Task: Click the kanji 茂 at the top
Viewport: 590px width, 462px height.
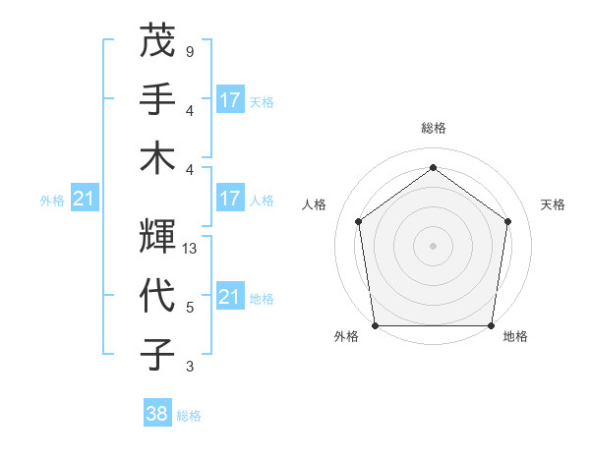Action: (157, 42)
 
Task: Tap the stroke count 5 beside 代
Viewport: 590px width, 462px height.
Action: (189, 308)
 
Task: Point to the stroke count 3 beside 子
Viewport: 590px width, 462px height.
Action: (189, 367)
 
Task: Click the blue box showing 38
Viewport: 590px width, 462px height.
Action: (157, 414)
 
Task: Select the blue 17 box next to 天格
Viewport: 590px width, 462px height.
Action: (230, 100)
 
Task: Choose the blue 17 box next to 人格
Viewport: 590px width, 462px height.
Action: (230, 199)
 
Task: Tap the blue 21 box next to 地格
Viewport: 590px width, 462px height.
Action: (230, 297)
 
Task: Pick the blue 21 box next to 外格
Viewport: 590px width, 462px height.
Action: (84, 200)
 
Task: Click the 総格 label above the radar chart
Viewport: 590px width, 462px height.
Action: (433, 129)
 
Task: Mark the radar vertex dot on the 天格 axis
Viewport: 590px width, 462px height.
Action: (508, 221)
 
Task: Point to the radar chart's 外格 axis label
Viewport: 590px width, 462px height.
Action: (346, 336)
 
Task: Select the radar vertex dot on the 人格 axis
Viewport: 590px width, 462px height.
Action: (358, 221)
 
